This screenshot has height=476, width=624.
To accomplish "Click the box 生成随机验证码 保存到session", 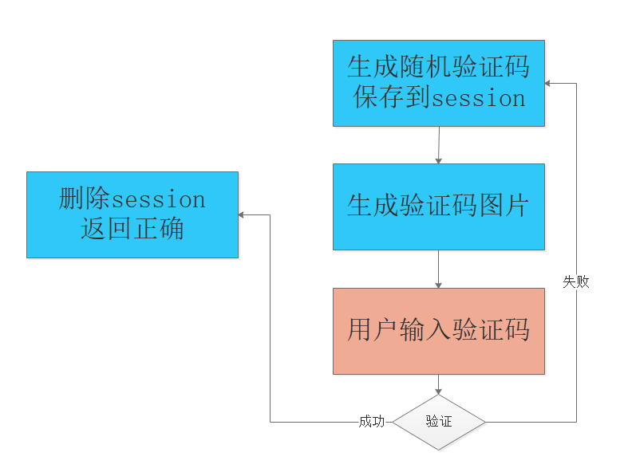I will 438,83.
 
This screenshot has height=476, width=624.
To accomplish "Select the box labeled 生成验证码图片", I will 438,207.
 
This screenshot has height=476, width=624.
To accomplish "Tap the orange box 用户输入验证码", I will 438,331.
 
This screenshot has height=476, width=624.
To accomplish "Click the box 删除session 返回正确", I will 132,214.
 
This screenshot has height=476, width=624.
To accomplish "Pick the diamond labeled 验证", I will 439,422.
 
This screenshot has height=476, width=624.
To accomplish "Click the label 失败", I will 576,281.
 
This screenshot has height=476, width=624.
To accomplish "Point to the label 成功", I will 372,422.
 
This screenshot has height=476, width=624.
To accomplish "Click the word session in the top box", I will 479,99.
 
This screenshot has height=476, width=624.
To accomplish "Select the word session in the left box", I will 159,199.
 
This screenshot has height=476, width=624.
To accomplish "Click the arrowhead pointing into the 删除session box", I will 243,214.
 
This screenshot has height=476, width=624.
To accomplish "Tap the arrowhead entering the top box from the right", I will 549,83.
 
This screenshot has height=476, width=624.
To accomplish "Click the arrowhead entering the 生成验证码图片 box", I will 438,160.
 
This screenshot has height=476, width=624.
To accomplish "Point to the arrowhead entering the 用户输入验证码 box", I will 438,285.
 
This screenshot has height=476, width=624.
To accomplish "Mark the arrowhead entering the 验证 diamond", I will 438,391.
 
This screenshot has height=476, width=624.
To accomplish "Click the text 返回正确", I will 132,230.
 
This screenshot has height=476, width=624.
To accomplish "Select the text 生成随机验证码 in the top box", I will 438,67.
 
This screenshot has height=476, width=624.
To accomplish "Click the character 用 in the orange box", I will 360,331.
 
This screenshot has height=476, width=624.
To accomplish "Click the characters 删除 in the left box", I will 85,199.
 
